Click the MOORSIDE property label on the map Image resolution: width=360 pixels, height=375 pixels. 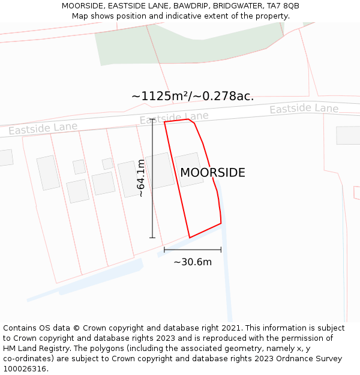(x=212, y=173)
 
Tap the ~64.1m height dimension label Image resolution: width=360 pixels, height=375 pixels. (x=141, y=178)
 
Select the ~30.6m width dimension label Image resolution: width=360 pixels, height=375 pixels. (x=193, y=262)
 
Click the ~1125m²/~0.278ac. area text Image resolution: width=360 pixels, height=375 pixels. (x=193, y=96)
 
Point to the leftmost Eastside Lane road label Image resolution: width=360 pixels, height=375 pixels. (x=43, y=128)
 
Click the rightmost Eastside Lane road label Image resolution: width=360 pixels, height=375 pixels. (x=304, y=109)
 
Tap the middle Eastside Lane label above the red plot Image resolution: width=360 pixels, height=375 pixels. (x=174, y=118)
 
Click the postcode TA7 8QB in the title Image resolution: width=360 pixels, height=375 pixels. (x=283, y=6)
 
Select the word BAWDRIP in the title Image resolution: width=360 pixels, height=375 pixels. (x=191, y=6)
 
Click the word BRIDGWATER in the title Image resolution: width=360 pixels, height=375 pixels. (x=235, y=6)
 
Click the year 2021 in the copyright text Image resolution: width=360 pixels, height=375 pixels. (x=230, y=328)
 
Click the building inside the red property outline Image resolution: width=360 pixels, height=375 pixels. (x=189, y=168)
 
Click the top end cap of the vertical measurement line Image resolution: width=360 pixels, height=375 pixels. (x=152, y=120)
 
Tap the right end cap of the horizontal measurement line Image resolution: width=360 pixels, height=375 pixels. (x=221, y=250)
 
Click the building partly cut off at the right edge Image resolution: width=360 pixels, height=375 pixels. (x=348, y=135)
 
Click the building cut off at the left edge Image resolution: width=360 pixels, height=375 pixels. (x=5, y=157)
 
